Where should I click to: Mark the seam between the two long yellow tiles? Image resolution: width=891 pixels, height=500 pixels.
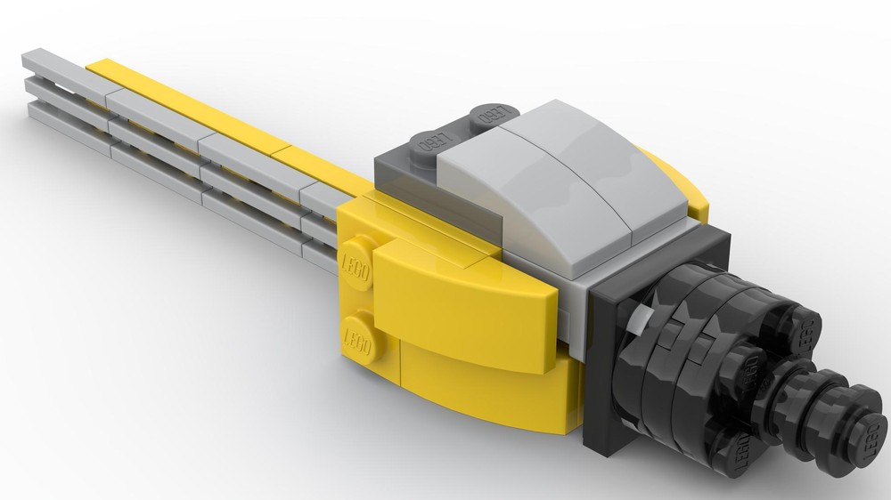click(x=282, y=150)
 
